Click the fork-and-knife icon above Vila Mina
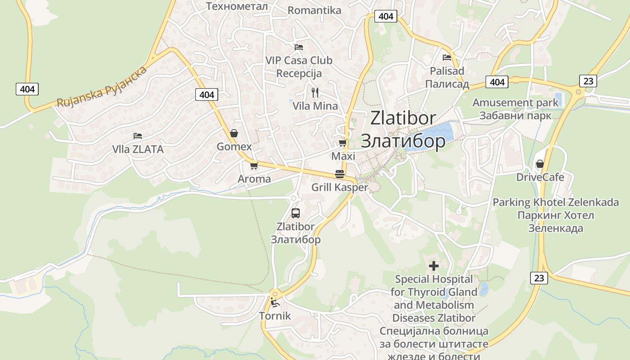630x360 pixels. click(315, 93)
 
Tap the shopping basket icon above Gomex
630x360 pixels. click(234, 133)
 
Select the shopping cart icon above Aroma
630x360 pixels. click(254, 166)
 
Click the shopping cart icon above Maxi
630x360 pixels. click(342, 143)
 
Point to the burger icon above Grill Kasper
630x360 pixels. click(340, 174)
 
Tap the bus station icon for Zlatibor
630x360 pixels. click(295, 213)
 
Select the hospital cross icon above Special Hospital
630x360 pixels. click(434, 266)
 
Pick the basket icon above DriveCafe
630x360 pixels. click(540, 164)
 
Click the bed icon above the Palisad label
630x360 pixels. click(447, 57)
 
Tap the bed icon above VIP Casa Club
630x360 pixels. click(298, 47)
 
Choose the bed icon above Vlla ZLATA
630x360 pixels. click(138, 135)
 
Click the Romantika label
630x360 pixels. click(314, 10)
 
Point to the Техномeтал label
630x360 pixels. click(237, 6)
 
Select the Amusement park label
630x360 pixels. click(515, 103)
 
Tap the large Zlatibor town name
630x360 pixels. click(403, 118)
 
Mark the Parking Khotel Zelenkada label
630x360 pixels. click(556, 202)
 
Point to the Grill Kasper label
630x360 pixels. click(340, 187)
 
